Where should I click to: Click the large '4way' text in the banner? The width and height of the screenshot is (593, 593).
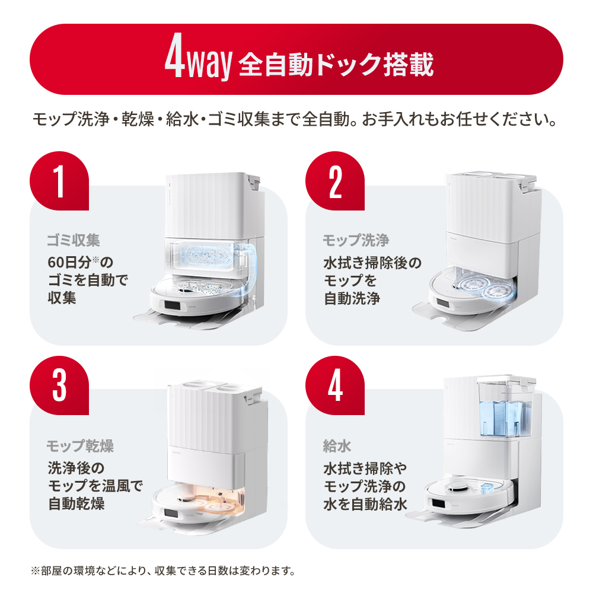196,59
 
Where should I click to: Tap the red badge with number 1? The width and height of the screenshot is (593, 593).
59,180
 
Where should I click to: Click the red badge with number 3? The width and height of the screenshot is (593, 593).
59,385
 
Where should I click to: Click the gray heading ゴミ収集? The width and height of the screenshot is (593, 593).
74,240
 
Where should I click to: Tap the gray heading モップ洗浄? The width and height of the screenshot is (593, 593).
356,240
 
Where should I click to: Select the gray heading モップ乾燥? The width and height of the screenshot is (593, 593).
80,445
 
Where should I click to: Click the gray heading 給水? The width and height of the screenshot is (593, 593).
337,445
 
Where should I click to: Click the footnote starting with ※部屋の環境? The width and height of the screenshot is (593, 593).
162,572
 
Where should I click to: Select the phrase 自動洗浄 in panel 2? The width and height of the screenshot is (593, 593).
352,298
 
